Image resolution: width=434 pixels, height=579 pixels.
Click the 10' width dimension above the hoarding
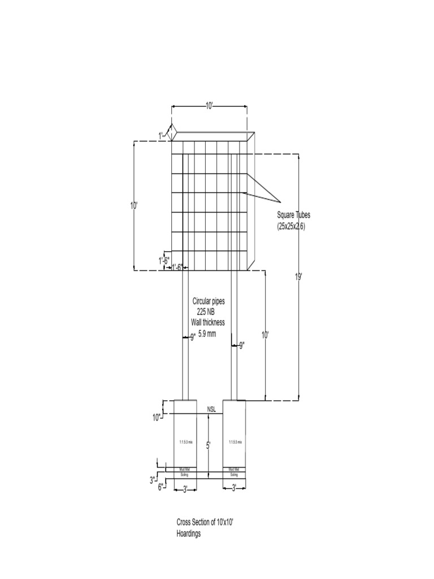coord(209,106)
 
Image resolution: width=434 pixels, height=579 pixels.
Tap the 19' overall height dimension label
coord(298,276)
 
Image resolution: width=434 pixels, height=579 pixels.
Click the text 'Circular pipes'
coord(209,302)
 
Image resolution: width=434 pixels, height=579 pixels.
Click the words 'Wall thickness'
coord(208,322)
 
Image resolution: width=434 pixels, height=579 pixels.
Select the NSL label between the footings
coord(211,408)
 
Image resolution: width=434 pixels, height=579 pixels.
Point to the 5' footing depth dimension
coord(209,446)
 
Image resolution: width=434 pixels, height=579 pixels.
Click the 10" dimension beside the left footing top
coord(157,417)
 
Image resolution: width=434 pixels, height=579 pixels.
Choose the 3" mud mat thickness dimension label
coord(153,480)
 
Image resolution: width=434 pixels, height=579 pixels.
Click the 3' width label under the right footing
coord(234,488)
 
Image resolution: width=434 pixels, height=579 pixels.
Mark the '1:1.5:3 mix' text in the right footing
coord(234,442)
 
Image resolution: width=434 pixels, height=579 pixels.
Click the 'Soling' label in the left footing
coord(184,475)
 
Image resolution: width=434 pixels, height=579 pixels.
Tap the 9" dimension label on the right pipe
coord(241,345)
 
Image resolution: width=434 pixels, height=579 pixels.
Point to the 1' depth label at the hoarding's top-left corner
coord(161,135)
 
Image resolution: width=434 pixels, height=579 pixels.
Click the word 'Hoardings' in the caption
coord(189,533)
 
